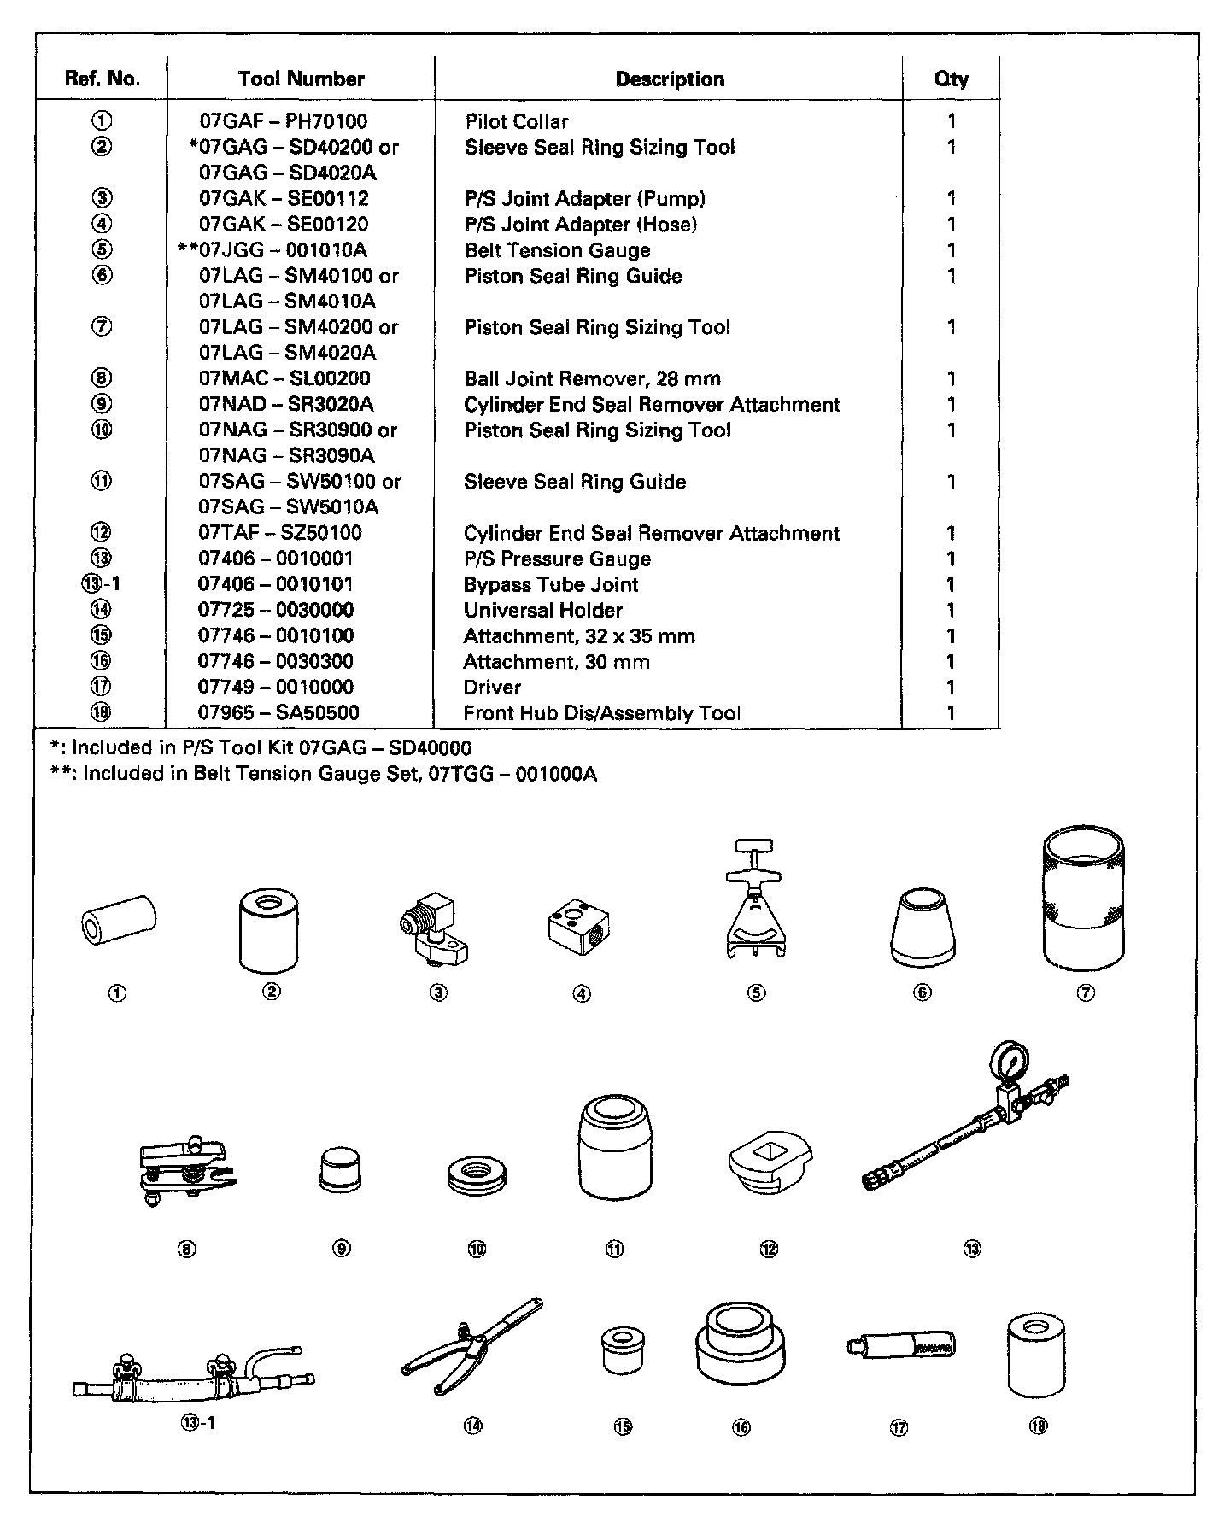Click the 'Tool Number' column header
(x=301, y=79)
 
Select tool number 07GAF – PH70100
(x=283, y=121)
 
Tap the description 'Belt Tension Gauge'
(x=557, y=250)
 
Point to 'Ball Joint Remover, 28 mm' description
(x=592, y=378)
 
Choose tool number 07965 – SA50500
(x=278, y=712)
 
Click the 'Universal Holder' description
(x=542, y=610)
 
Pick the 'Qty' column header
(x=951, y=79)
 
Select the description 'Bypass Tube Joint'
(x=550, y=584)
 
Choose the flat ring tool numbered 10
(x=477, y=1175)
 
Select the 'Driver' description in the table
(x=492, y=687)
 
